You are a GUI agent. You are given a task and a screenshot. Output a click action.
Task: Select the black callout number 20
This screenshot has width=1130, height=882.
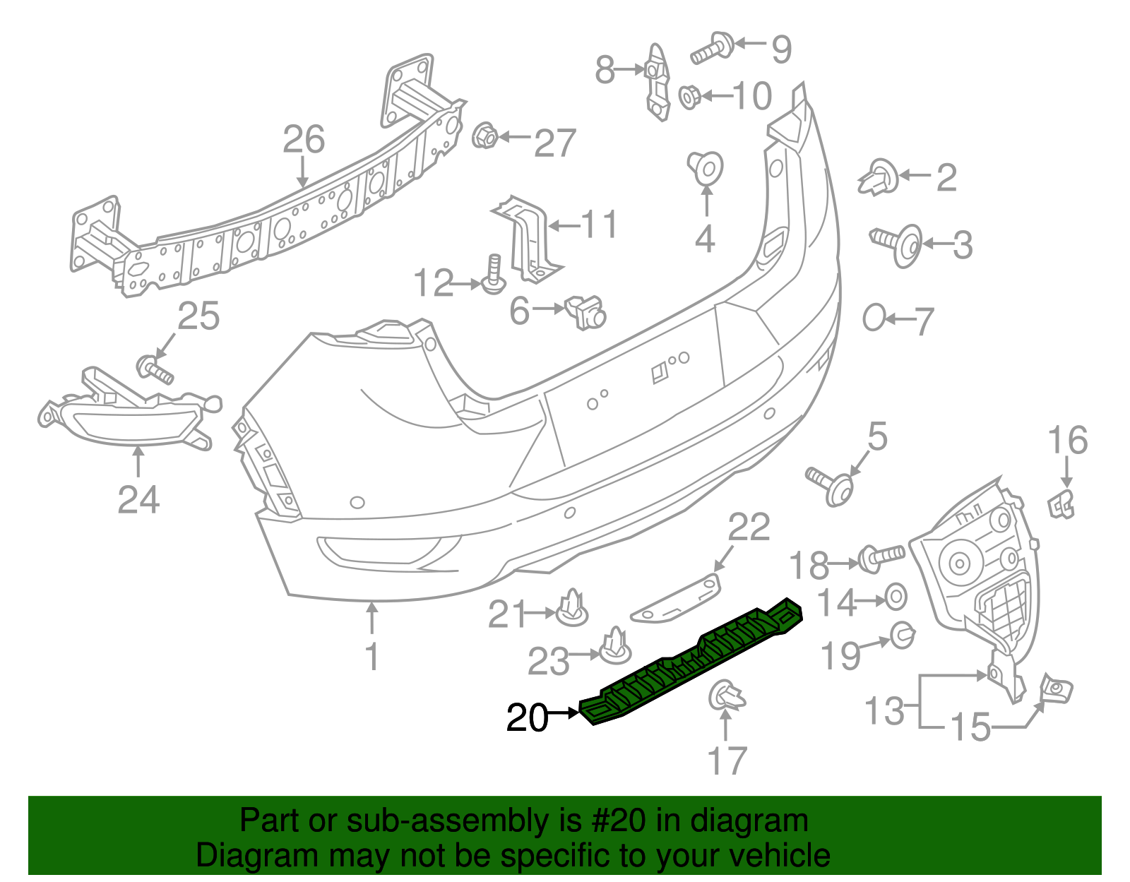point(527,717)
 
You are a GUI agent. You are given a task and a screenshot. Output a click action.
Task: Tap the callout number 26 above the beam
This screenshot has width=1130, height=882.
point(304,140)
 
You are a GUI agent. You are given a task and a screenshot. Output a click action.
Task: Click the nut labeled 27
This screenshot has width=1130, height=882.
point(484,136)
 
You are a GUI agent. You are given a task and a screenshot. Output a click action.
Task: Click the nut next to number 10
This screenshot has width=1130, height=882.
point(689,97)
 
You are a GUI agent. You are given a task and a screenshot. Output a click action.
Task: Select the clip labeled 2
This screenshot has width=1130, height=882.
point(879,177)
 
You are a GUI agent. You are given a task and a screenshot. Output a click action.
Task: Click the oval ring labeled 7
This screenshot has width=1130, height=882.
point(874,318)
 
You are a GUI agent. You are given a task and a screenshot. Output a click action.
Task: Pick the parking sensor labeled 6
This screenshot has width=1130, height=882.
point(585,311)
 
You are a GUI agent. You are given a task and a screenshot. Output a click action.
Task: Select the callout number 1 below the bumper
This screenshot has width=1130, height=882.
point(371,657)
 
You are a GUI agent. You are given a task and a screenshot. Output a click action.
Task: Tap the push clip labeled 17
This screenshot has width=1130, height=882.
point(725,696)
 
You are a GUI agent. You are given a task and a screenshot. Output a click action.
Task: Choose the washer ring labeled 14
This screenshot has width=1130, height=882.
point(895,597)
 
